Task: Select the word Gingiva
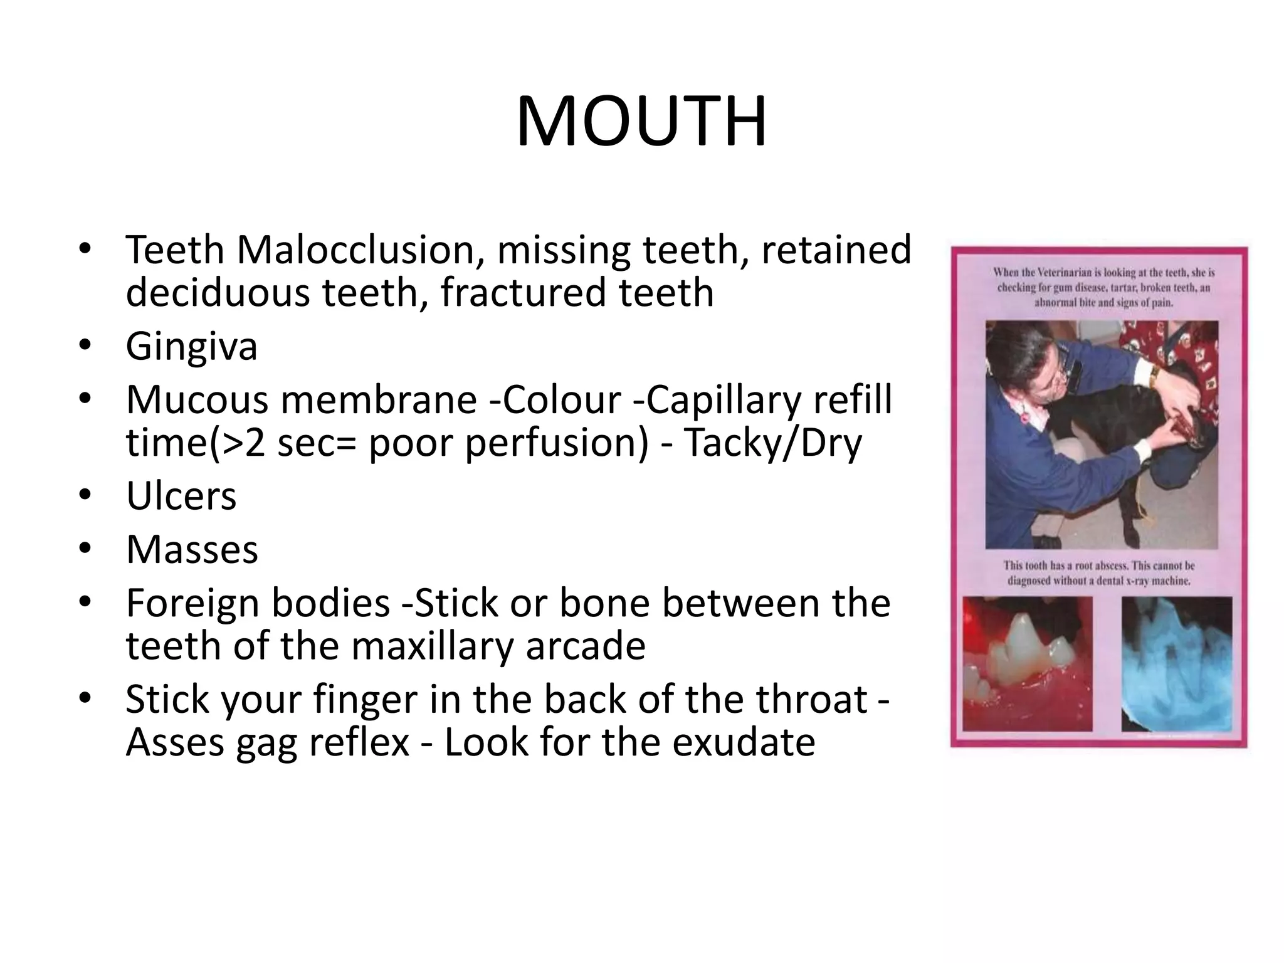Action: tap(191, 346)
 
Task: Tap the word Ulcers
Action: tap(181, 497)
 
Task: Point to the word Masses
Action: tap(192, 550)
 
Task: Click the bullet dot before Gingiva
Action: tap(85, 346)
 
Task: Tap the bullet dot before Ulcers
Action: tap(85, 497)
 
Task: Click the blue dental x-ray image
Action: tap(1176, 663)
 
